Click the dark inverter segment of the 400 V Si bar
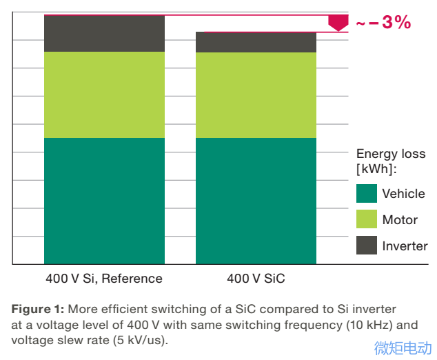(x=104, y=34)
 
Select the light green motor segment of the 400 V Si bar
(x=104, y=94)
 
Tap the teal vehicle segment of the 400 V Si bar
(x=104, y=201)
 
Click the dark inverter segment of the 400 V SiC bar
(x=256, y=42)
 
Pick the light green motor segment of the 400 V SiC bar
(x=256, y=95)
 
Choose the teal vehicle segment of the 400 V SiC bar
(x=256, y=201)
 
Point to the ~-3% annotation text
(x=383, y=23)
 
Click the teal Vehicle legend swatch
(x=367, y=193)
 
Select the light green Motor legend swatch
(x=367, y=219)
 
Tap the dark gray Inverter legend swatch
(x=367, y=246)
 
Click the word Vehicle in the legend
(x=403, y=194)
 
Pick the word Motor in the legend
(x=400, y=220)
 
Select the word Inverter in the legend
(x=405, y=246)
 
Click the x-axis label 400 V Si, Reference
(x=104, y=279)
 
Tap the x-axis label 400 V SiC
(x=256, y=279)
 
